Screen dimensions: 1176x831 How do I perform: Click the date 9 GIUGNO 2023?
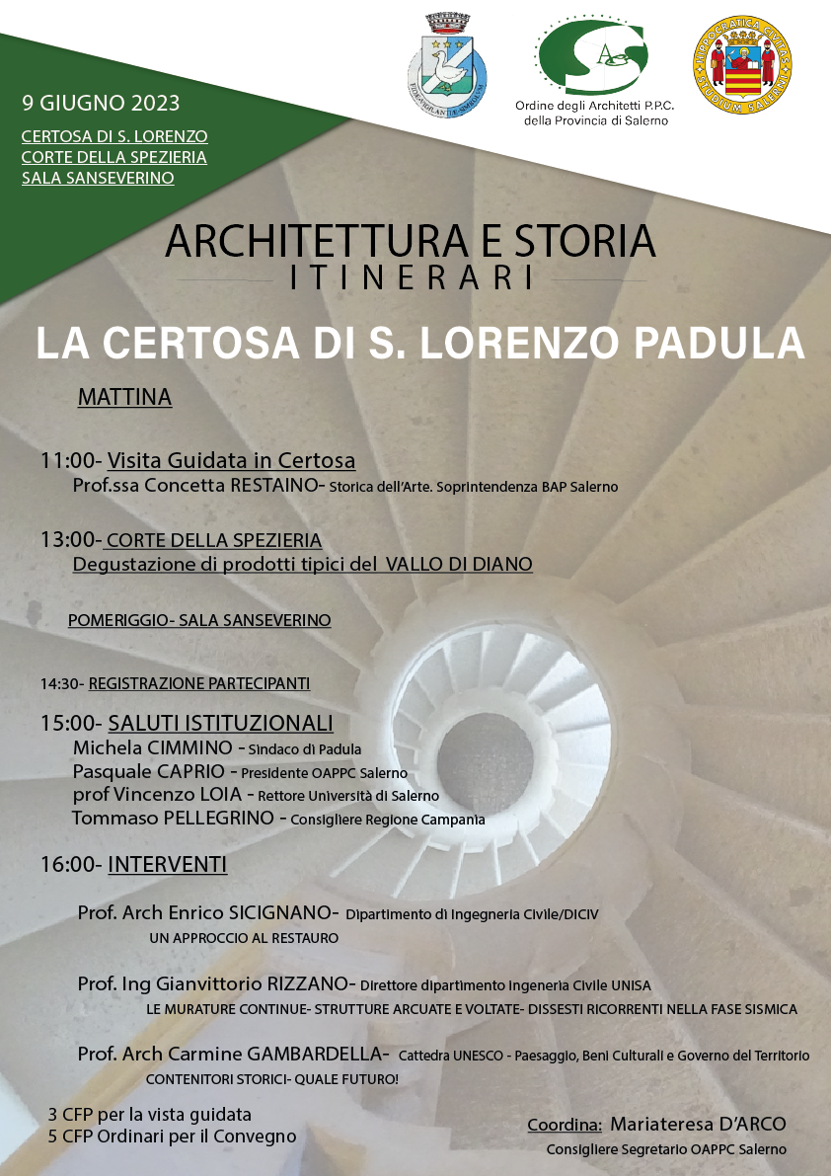[x=101, y=103]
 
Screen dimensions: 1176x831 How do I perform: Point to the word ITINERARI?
[x=414, y=277]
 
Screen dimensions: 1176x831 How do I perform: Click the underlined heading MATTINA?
[x=124, y=397]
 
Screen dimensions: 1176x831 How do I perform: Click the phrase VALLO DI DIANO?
[x=459, y=564]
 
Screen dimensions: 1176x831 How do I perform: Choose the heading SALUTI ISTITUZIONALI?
[x=220, y=723]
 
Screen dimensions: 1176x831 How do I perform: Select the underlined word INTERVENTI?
[x=168, y=865]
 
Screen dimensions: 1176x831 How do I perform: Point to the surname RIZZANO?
[x=307, y=983]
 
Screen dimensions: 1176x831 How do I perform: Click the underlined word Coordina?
[x=565, y=1125]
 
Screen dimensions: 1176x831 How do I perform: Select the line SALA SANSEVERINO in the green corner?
[x=98, y=179]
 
